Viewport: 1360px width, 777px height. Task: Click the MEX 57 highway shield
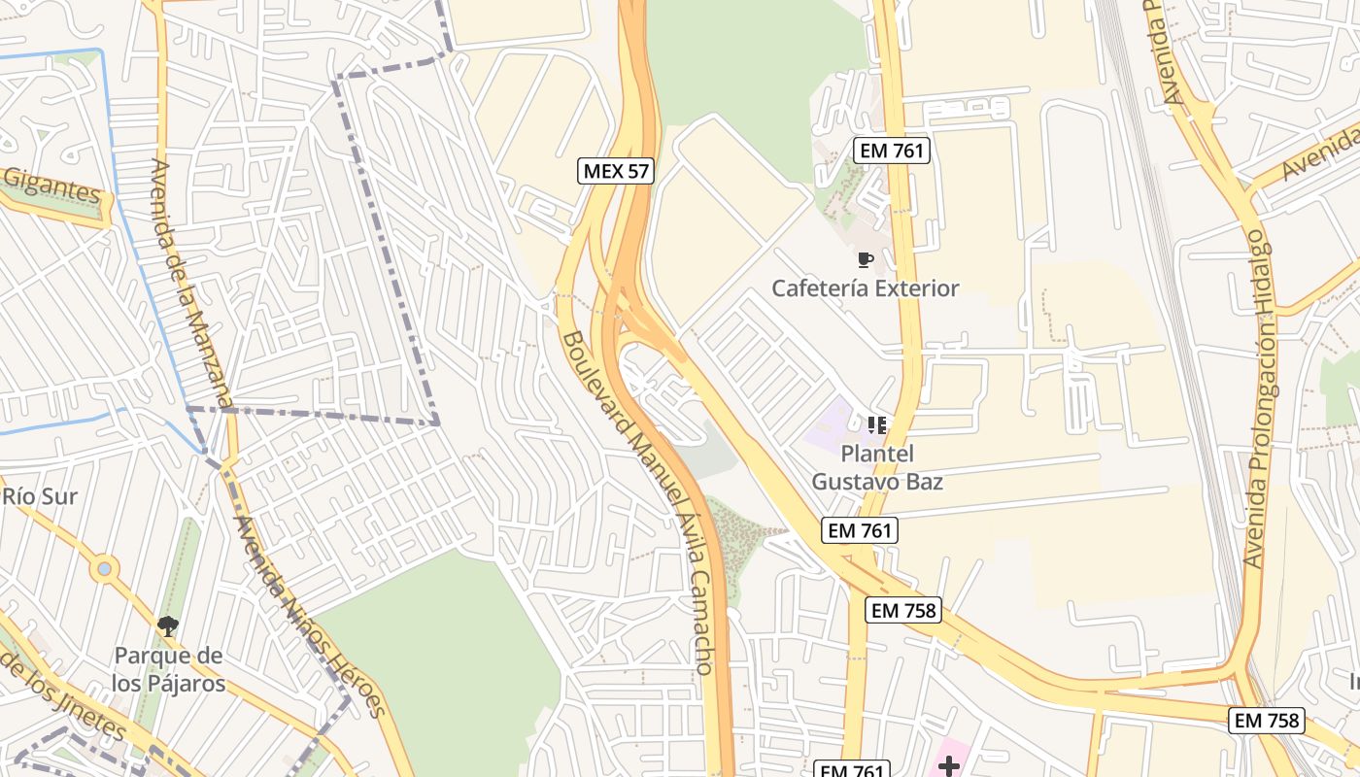[617, 172]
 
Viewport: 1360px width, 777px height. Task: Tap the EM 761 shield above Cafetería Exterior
[892, 151]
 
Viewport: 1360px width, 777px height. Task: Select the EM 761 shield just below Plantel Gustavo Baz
[860, 530]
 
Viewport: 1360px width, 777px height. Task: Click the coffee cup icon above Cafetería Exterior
[865, 259]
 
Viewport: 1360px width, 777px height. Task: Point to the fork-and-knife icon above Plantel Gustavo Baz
[877, 425]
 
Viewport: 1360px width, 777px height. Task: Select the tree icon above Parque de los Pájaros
[168, 626]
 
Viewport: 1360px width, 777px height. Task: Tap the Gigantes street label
[52, 186]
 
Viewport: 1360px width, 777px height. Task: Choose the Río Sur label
[40, 497]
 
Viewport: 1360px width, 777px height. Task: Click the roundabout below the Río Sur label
[105, 568]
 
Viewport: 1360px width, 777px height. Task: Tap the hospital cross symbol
[949, 766]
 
